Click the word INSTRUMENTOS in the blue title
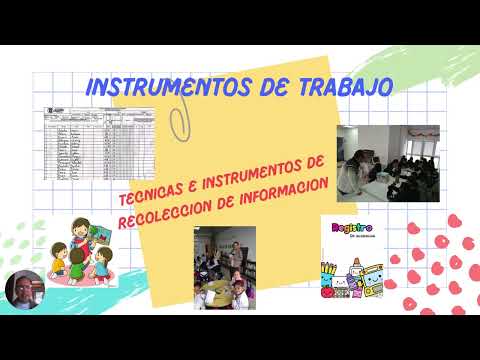click(147, 88)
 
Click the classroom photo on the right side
click(388, 163)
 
